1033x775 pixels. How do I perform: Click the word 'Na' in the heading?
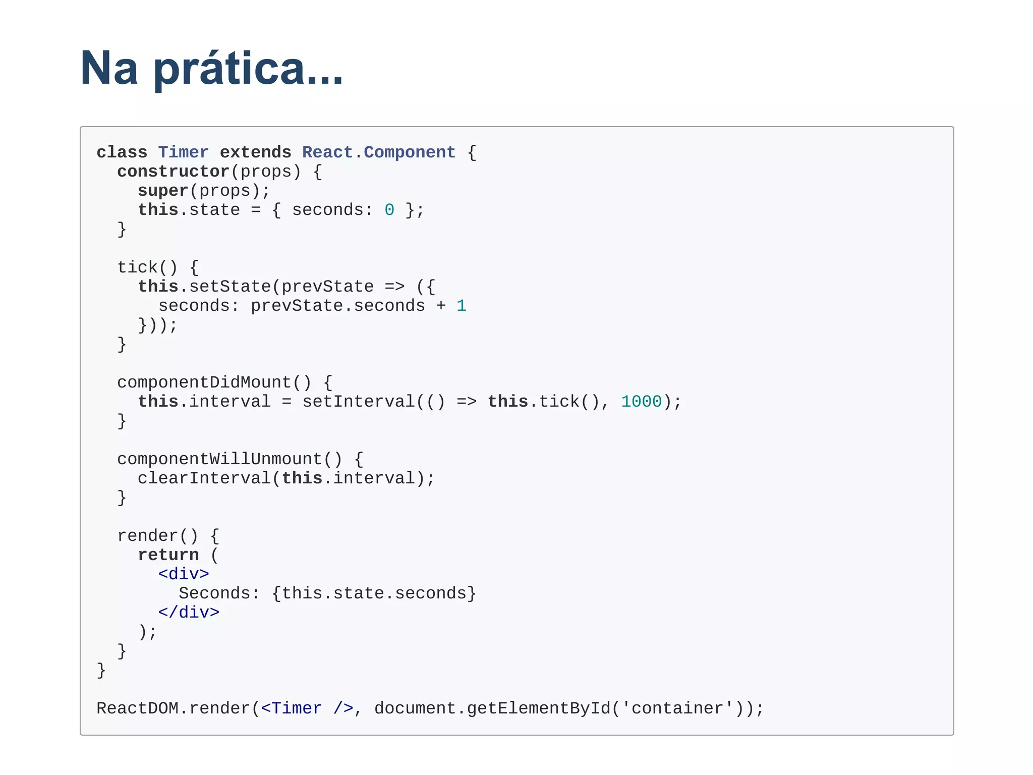109,69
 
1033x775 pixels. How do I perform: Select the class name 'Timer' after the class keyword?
183,152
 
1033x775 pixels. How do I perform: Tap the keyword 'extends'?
255,152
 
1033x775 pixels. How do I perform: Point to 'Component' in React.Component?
409,152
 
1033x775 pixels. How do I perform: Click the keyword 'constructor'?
173,172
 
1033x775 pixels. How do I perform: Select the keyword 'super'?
163,191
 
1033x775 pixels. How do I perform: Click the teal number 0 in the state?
389,210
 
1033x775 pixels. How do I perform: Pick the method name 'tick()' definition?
147,267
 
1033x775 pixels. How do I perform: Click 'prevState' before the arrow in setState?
327,287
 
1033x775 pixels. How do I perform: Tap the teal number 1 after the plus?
461,306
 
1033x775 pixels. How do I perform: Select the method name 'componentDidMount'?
204,382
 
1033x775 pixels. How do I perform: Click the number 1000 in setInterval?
641,402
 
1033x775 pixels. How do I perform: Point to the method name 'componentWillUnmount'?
219,459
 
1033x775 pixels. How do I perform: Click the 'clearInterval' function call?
204,478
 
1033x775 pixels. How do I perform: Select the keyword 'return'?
168,555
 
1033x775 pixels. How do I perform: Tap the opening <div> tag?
183,574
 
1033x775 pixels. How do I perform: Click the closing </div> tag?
189,613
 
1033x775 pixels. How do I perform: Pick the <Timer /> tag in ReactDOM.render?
307,708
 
